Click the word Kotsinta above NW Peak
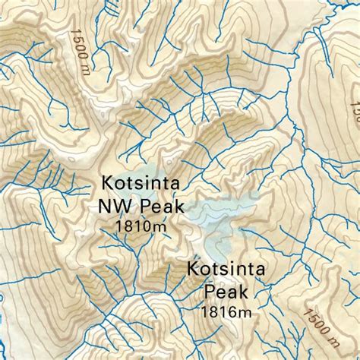pyautogui.click(x=141, y=185)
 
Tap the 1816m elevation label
pyautogui.click(x=226, y=310)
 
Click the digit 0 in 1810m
pyautogui.click(x=149, y=226)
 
